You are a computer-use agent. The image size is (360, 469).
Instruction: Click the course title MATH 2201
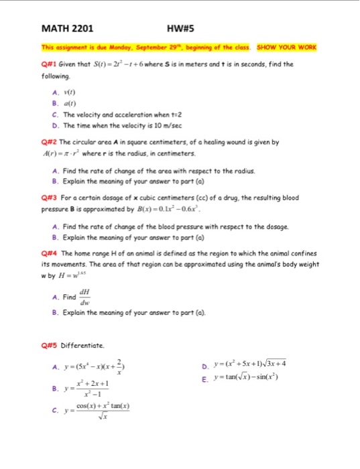tap(67, 29)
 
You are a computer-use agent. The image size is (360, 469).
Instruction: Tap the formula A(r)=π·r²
tap(70, 153)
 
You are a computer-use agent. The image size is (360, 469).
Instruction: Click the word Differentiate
tap(84, 346)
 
